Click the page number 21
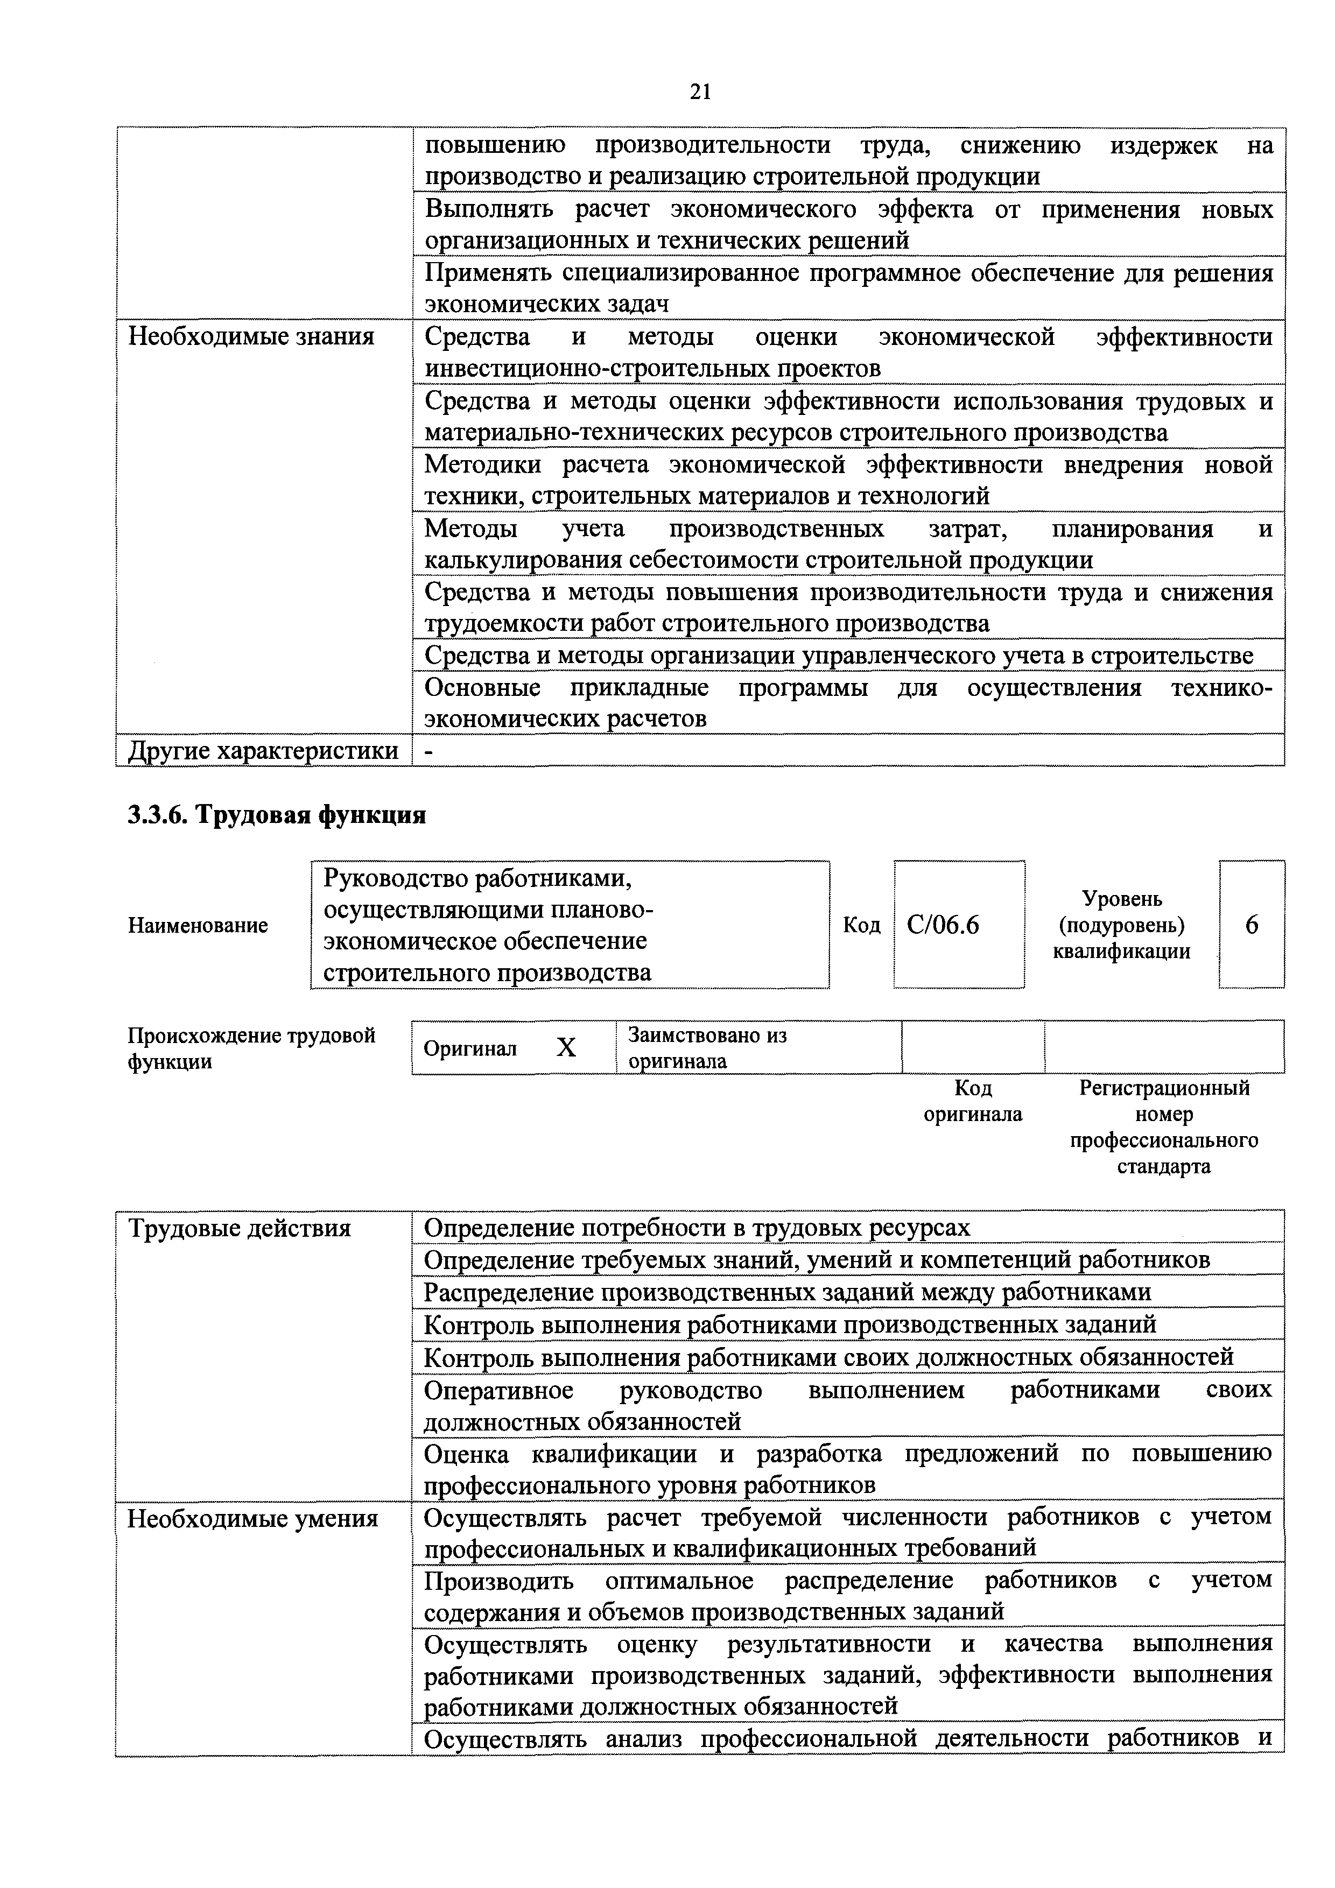click(699, 91)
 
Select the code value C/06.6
click(943, 925)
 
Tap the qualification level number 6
click(1251, 925)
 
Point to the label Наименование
click(198, 925)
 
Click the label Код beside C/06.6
click(861, 925)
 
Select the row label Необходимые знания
click(251, 336)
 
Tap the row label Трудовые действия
click(240, 1229)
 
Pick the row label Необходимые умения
click(252, 1519)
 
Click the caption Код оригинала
click(973, 1101)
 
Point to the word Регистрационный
click(1164, 1088)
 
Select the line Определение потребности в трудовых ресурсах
click(697, 1228)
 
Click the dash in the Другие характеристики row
click(428, 751)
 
